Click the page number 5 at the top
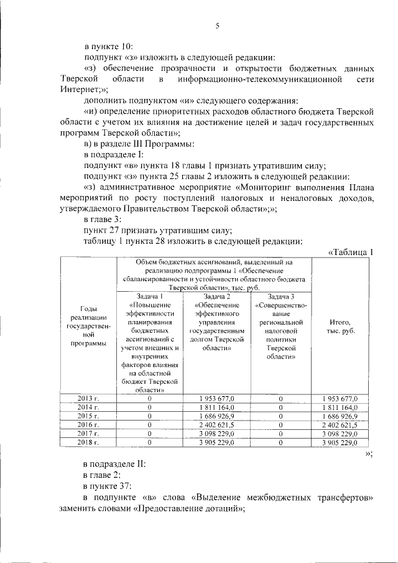[217, 26]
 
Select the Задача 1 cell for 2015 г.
[150, 416]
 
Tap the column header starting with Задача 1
[150, 343]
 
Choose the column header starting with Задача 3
[280, 330]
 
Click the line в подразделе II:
[115, 464]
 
